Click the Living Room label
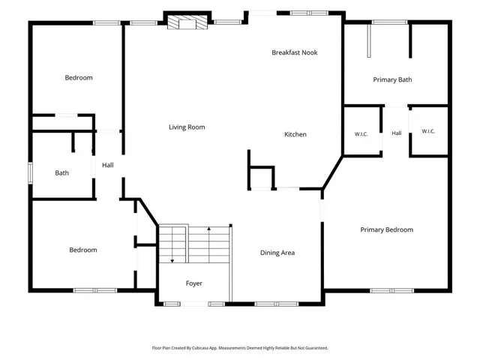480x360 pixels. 187,127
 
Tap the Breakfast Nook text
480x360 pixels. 295,52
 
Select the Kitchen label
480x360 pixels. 295,134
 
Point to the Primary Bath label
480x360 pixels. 392,80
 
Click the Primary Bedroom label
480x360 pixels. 387,229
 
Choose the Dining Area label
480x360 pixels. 277,253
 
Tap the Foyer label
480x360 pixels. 193,283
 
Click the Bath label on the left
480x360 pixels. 61,173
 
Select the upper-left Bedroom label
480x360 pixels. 79,78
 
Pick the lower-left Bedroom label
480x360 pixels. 83,250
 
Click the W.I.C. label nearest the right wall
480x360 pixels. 428,131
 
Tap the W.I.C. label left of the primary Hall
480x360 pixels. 361,134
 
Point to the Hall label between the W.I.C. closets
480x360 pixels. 397,133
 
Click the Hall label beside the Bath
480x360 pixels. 108,165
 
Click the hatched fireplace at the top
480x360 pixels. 187,22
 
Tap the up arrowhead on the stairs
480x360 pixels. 209,228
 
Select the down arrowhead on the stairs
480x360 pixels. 172,261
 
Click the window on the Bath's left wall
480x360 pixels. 30,173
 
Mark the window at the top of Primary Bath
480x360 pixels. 390,22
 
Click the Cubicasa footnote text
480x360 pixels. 240,348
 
